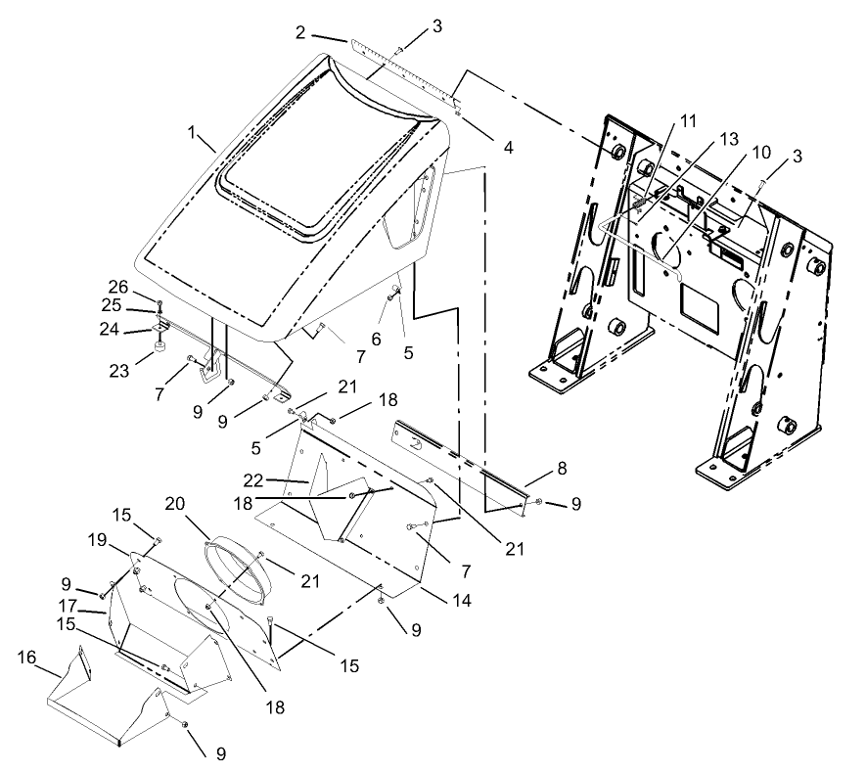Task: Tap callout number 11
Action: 688,121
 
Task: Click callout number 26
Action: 118,286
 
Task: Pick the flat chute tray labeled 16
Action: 108,709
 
